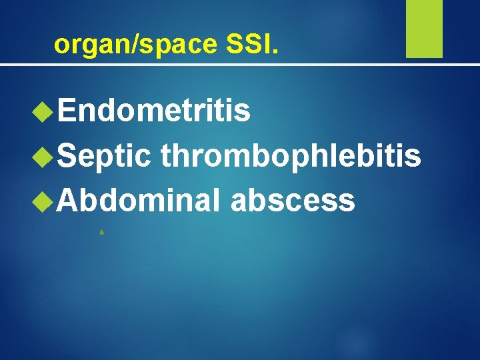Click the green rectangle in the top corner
pyautogui.click(x=424, y=29)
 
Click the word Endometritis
pyautogui.click(x=154, y=111)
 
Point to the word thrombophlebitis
pyautogui.click(x=291, y=156)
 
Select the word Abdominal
pyautogui.click(x=139, y=200)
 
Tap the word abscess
pyautogui.click(x=292, y=200)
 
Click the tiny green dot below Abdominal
pyautogui.click(x=101, y=233)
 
